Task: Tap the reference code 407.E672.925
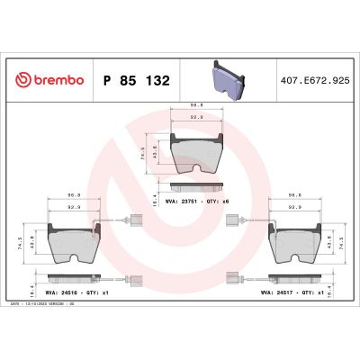click(315, 80)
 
